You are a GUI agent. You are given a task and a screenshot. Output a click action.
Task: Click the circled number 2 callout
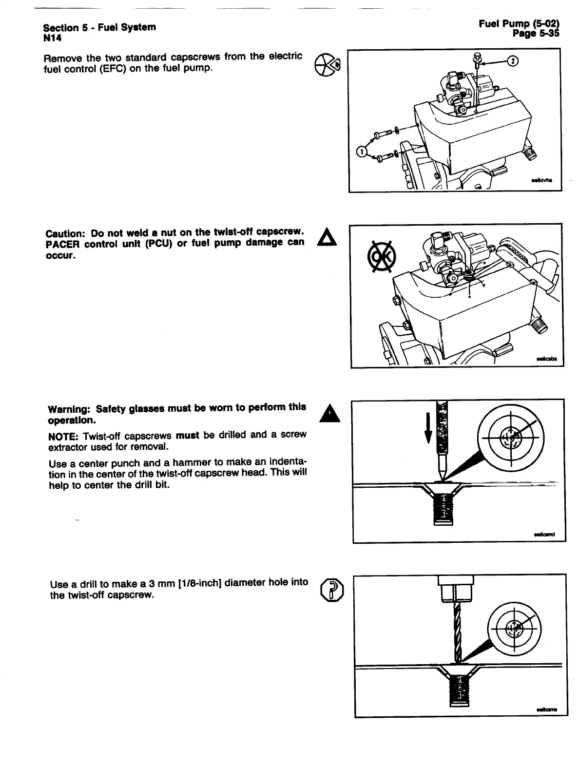tap(513, 60)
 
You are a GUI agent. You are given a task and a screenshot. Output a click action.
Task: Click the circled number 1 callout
tap(362, 152)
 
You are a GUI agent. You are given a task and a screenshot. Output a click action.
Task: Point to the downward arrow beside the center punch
tap(428, 427)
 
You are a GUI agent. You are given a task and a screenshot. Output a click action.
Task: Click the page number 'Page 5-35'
tap(536, 33)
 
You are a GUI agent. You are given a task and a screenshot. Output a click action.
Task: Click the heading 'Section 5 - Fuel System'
tap(99, 27)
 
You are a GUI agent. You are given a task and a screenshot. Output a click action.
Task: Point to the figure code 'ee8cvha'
tap(542, 180)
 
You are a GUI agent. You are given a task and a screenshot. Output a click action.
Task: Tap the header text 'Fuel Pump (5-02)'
tap(519, 23)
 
